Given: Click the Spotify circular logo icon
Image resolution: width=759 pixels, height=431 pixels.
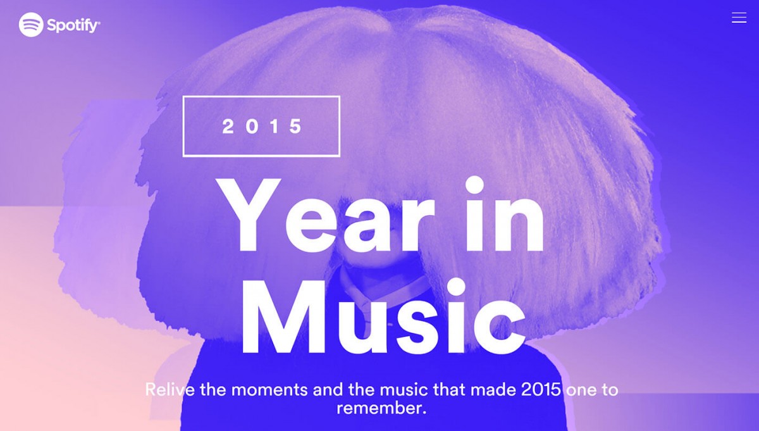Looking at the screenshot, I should pos(31,25).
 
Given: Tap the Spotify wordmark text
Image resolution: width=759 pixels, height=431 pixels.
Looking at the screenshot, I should pos(73,25).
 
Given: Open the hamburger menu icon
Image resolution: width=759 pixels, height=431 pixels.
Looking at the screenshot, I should pos(739,18).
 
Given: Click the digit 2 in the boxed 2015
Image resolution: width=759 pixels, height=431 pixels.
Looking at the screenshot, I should pos(228,127).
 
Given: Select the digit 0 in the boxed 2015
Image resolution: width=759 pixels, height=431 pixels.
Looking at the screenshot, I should pos(252,127).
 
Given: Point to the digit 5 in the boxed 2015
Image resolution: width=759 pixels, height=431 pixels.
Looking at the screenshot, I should pos(295,127).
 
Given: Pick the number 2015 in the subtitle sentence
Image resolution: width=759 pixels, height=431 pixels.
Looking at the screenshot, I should pos(541,389).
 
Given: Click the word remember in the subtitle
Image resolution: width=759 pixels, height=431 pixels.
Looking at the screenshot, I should pos(378,408).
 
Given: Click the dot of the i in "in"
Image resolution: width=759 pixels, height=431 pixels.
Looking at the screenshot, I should pos(474,185).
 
